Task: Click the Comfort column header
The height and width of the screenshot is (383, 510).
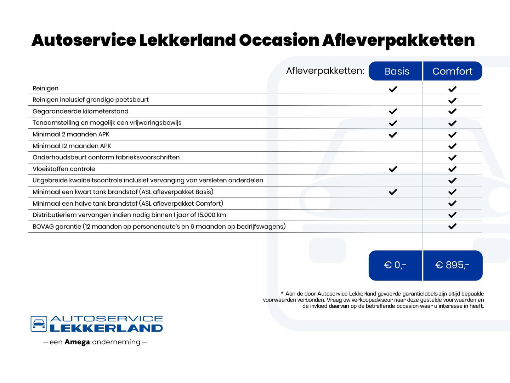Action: click(452, 71)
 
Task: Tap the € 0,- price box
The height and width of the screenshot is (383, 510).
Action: click(395, 265)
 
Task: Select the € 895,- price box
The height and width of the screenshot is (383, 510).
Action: click(452, 265)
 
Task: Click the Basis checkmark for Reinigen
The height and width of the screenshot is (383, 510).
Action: click(393, 89)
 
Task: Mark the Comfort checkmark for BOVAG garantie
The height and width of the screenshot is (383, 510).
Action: click(452, 226)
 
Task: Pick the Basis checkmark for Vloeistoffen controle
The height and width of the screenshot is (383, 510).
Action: click(393, 169)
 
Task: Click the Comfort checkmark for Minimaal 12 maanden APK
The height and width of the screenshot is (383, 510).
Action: click(452, 146)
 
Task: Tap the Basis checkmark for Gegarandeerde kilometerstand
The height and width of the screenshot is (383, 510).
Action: click(393, 111)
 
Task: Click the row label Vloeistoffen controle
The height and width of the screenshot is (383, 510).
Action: click(64, 169)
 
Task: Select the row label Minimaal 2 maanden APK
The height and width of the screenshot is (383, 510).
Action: click(71, 134)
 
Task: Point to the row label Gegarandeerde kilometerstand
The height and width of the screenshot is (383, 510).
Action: click(80, 111)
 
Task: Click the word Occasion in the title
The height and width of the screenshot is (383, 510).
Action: click(279, 40)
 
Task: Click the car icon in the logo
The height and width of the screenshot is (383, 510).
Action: click(39, 324)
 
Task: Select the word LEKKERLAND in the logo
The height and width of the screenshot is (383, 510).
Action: click(106, 328)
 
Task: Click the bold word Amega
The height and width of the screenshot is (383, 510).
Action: click(77, 342)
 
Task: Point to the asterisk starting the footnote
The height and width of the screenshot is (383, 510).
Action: click(282, 293)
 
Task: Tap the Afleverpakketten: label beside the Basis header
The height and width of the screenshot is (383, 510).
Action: click(325, 71)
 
